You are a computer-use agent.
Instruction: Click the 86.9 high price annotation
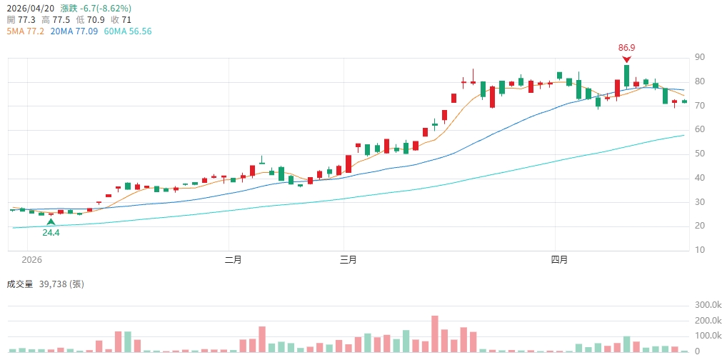(626, 48)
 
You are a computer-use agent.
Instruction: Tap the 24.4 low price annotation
(51, 233)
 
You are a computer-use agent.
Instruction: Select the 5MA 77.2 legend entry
(26, 31)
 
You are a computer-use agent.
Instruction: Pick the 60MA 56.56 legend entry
(128, 31)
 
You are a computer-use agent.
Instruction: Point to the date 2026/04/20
(30, 8)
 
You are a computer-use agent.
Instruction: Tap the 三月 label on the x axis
(349, 260)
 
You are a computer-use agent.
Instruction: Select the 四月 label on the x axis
(559, 260)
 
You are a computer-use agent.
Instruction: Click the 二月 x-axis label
(233, 260)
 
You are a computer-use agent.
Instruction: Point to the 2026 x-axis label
(33, 260)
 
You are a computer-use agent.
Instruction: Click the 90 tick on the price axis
(700, 57)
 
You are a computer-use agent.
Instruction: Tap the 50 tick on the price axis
(700, 154)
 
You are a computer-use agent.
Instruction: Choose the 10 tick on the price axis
(700, 250)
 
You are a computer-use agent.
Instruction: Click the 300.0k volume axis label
(708, 305)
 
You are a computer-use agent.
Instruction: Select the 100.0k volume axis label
(708, 336)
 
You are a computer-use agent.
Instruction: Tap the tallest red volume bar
(434, 334)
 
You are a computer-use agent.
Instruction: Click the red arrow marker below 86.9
(626, 59)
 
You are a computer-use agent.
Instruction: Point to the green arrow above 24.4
(51, 222)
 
